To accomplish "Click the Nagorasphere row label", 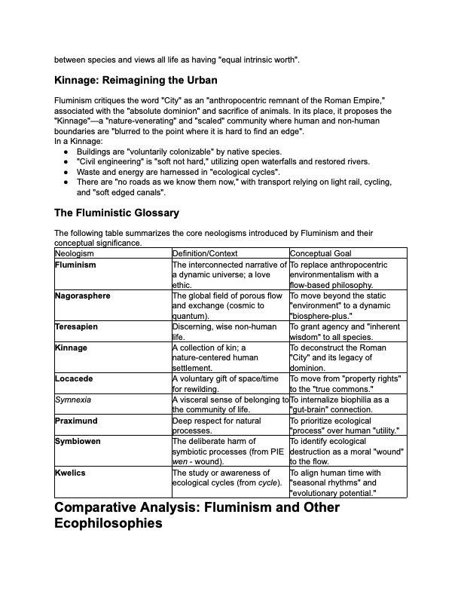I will coord(82,295).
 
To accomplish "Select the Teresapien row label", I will coord(76,327).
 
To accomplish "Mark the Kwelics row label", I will coord(70,473).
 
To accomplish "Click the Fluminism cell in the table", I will coord(75,265).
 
